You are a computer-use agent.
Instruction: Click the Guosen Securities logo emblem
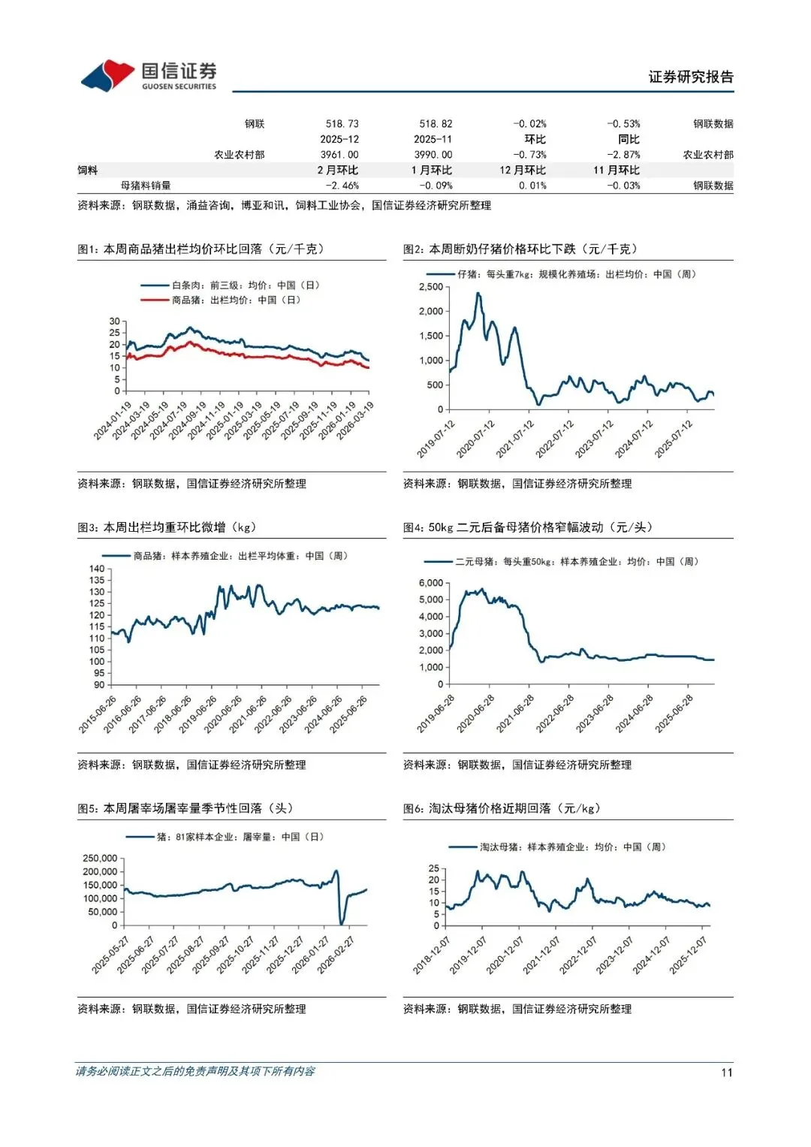coord(107,75)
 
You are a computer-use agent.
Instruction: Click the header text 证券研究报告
coord(690,77)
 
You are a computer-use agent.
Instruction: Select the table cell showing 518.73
coord(342,124)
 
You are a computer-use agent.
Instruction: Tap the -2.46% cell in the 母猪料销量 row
coord(342,186)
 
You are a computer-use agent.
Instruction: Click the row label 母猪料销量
coord(146,186)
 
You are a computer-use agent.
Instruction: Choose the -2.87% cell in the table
coord(623,155)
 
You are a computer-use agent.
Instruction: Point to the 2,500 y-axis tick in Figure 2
coord(431,287)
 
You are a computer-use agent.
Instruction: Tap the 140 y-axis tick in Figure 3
coord(97,569)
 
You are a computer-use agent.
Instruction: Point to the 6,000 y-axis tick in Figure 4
coord(431,583)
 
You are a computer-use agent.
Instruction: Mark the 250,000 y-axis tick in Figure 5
coord(100,858)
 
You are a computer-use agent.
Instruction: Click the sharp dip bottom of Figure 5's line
coord(342,923)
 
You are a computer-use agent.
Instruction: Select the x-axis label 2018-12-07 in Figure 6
coord(433,955)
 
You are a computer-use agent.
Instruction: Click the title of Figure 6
coord(502,808)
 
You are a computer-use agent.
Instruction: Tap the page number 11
coord(726,1072)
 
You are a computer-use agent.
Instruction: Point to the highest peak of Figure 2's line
coord(478,294)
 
